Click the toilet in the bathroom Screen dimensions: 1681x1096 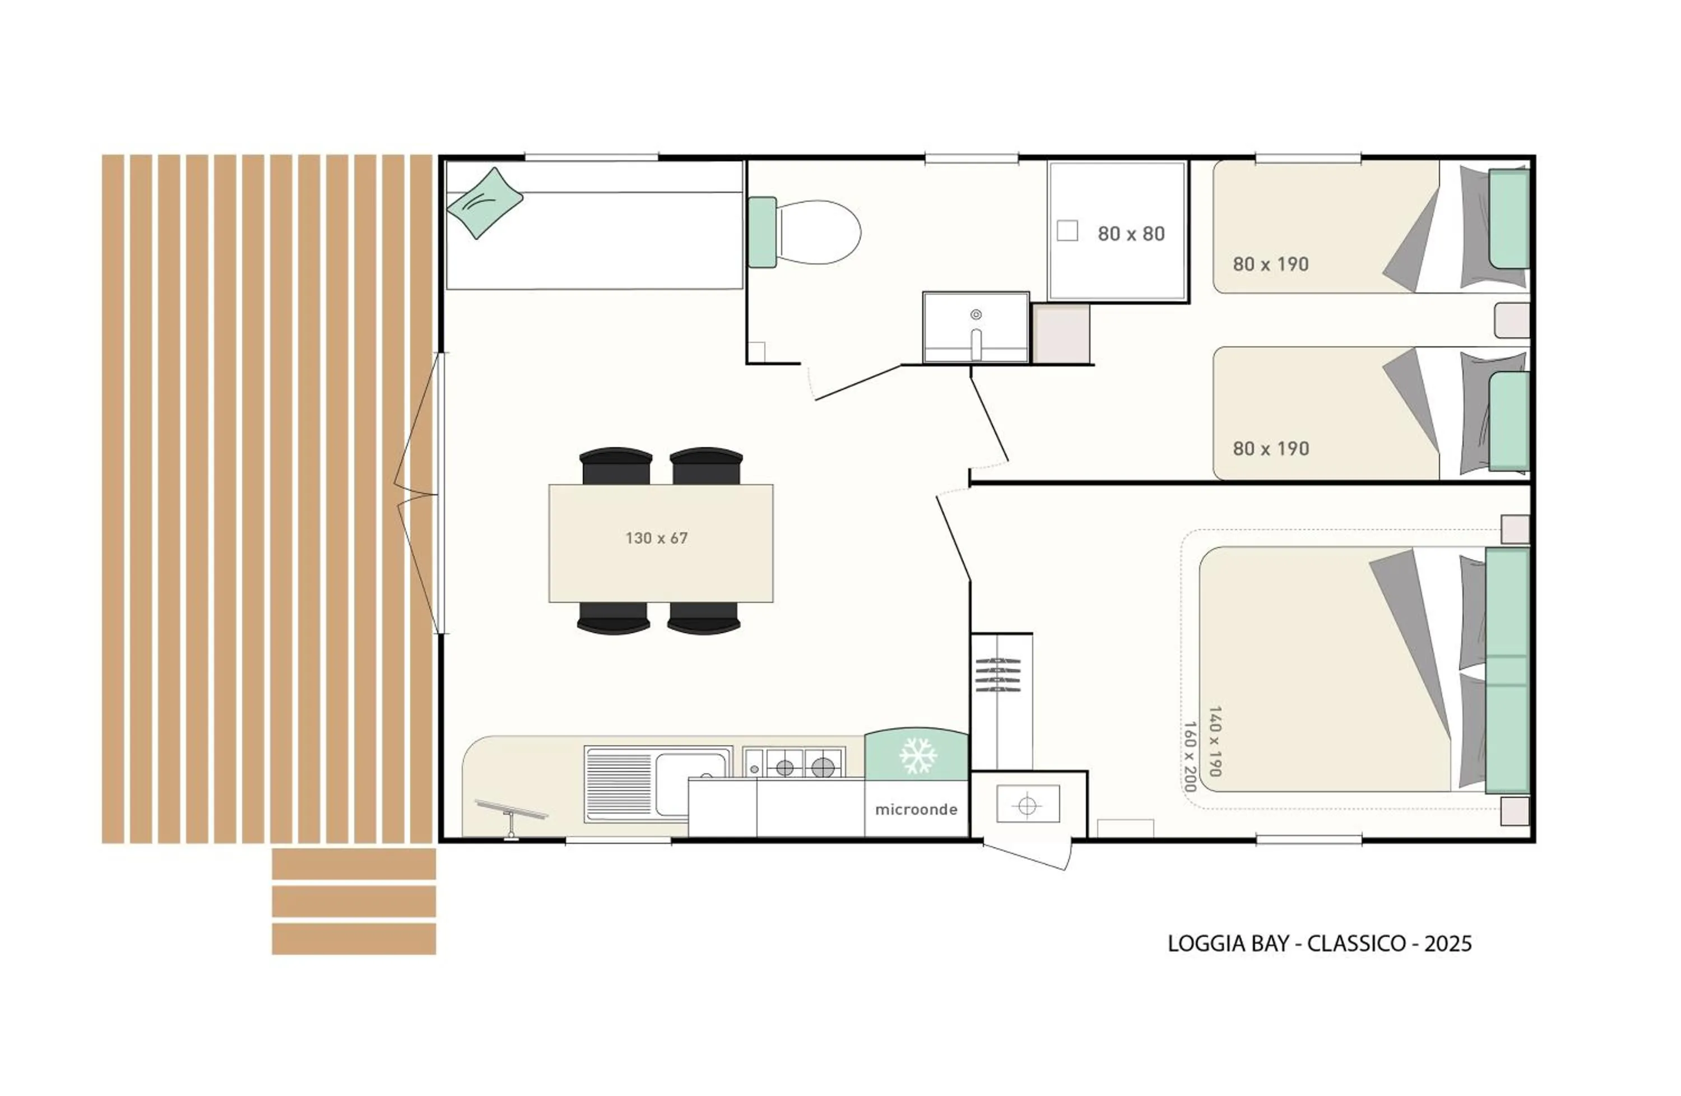(x=805, y=233)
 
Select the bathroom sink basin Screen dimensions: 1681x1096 (x=976, y=328)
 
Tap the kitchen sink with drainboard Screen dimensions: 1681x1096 (x=657, y=783)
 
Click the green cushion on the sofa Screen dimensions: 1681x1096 (x=485, y=203)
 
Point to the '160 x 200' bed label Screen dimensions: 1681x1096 (x=1190, y=756)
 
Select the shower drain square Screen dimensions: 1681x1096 (x=1067, y=231)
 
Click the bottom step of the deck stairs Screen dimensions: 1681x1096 (x=354, y=939)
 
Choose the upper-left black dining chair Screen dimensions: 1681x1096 (x=616, y=466)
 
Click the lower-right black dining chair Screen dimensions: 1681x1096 (x=704, y=619)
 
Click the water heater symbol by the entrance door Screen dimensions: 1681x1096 (x=1028, y=804)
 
